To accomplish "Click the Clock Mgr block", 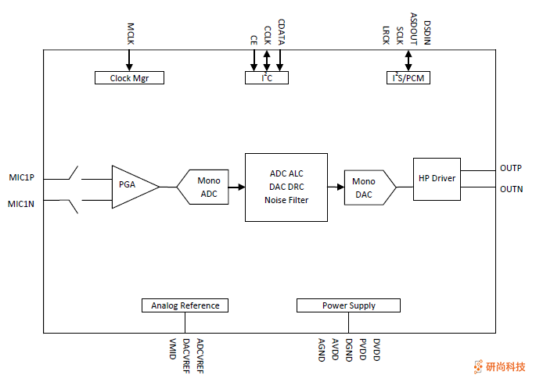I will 129,78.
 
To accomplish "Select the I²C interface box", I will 266,78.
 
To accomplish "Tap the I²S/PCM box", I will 408,78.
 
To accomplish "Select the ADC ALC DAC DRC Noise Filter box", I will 286,187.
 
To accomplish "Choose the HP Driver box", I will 437,178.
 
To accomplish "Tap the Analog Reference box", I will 185,305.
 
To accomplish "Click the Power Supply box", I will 348,305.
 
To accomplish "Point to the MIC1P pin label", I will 21,178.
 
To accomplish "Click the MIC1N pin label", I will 21,205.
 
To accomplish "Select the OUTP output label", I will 511,168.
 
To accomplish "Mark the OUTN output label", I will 511,189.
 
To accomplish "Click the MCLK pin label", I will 131,32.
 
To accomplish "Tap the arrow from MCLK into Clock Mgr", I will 130,61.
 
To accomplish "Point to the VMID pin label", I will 173,349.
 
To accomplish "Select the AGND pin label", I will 321,349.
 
